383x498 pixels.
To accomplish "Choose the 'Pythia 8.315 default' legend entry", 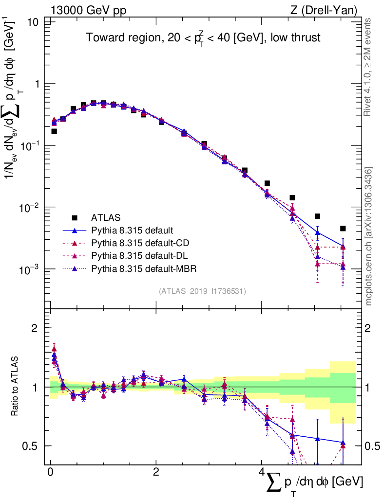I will [x=133, y=230].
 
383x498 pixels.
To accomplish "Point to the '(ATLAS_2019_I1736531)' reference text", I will [x=202, y=291].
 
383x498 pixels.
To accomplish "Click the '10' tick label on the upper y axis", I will [x=34, y=22].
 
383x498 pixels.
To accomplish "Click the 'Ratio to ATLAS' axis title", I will [x=16, y=387].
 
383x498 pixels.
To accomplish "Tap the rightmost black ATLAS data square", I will [x=343, y=229].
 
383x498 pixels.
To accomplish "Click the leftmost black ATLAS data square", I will [x=54, y=131].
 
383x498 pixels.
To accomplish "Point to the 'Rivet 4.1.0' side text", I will [x=368, y=68].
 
